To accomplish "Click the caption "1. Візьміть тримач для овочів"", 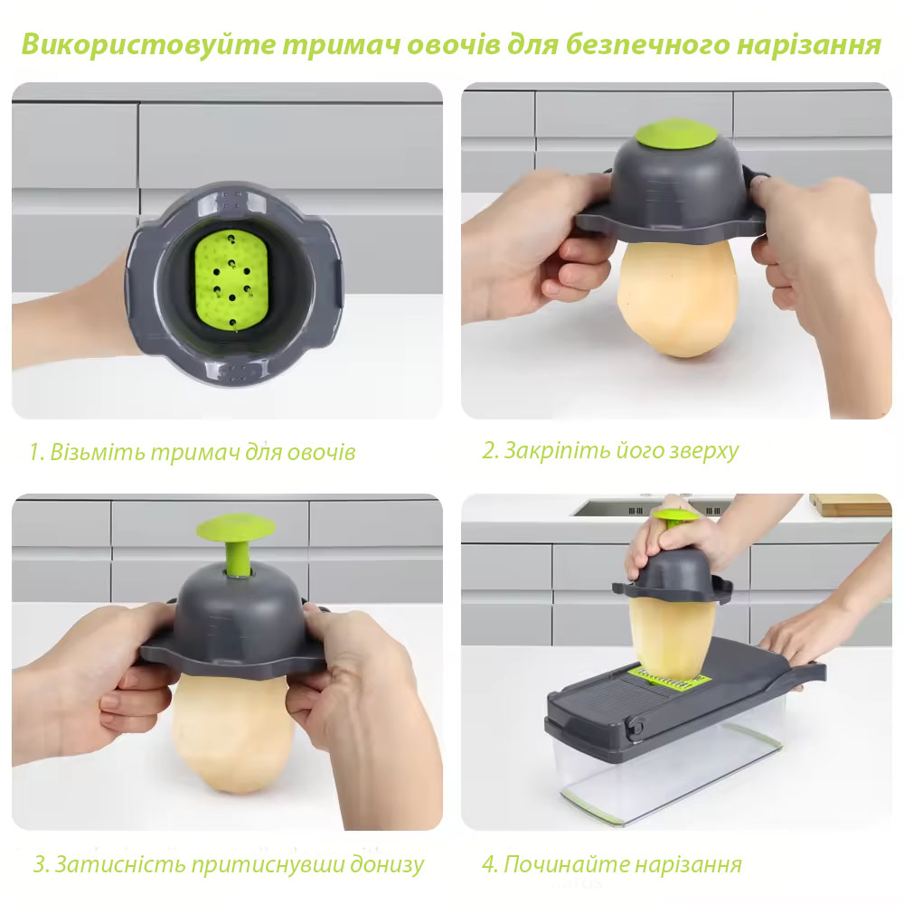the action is click(192, 451).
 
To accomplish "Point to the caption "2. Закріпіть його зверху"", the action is click(610, 450).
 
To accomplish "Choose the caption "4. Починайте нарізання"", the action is click(612, 863).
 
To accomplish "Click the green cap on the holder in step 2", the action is click(676, 133).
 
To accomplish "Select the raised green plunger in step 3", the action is click(235, 541).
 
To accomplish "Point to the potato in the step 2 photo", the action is click(677, 297).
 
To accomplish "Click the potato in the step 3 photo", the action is click(233, 732).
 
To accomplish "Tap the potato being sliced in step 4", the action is click(672, 637).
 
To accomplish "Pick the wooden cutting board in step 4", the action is click(850, 504).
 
